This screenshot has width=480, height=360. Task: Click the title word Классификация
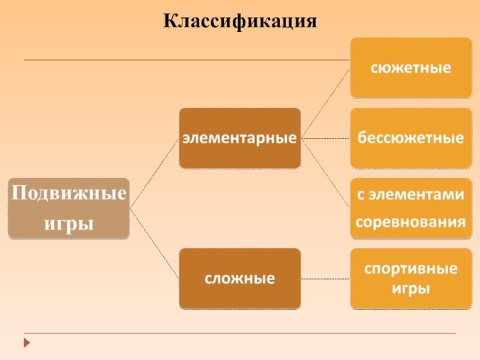click(240, 22)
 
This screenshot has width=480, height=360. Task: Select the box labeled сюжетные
click(411, 67)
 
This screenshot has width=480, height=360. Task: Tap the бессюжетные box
click(411, 138)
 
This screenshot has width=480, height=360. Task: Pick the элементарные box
click(240, 138)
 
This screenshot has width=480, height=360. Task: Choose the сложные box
click(240, 278)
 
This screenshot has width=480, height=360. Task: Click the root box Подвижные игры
click(68, 208)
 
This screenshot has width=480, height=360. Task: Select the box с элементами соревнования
click(411, 208)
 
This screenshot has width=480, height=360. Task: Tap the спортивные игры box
click(411, 278)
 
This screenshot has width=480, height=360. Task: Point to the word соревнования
click(411, 223)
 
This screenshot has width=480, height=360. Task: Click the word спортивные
click(411, 268)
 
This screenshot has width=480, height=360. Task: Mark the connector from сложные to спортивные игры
click(326, 278)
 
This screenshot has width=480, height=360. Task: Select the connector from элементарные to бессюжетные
click(326, 138)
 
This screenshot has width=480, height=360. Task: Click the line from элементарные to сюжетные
click(326, 103)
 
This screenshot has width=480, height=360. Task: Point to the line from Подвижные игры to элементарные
click(154, 173)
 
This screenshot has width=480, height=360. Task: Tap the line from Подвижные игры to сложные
click(154, 243)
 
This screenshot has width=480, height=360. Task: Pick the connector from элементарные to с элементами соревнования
click(326, 173)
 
